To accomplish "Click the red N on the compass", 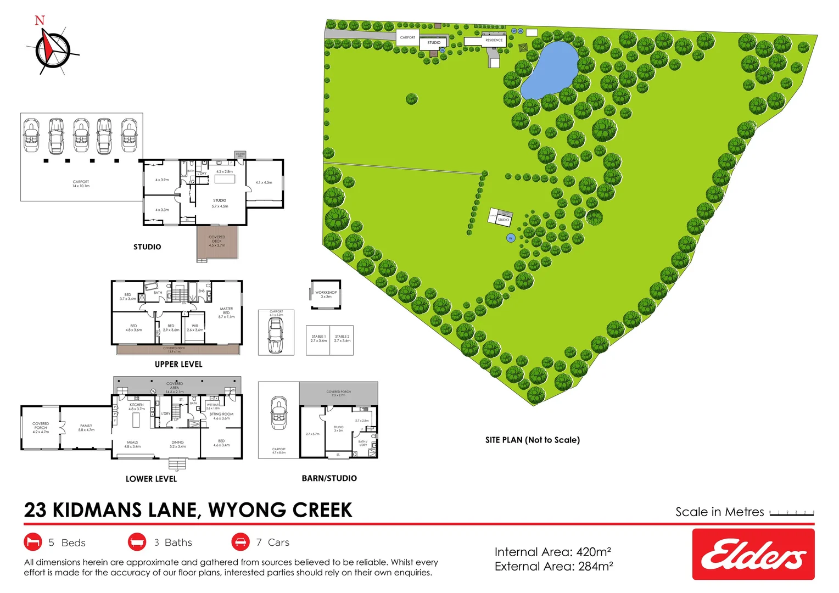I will coord(40,21).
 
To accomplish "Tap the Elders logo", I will coord(753,554).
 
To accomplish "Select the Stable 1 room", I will coord(318,340).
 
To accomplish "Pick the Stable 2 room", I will coord(342,340).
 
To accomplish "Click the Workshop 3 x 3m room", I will coord(326,294).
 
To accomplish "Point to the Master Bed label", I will coord(226,312).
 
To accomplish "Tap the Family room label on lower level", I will coord(86,428).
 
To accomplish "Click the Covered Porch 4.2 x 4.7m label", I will coord(41,428).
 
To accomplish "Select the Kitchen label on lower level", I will coord(137,406).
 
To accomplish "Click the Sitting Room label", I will coord(221,416).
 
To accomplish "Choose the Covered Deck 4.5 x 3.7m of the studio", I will coord(217,242).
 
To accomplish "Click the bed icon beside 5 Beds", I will coord(33,542).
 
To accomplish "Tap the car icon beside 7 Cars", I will coord(240,542).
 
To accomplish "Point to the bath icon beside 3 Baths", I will coord(137,542).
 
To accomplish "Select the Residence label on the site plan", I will coord(494,40).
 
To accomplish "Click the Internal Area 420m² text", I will coord(552,552).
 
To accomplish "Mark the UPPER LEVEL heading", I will coord(178,364).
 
